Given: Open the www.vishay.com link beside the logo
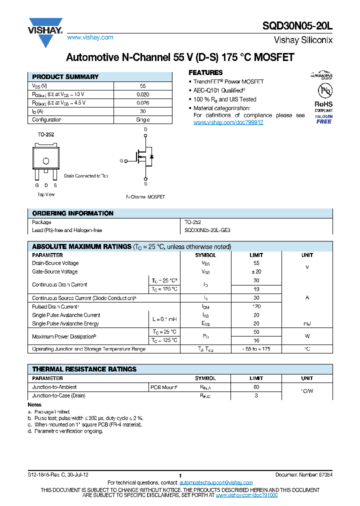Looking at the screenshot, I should (90, 37).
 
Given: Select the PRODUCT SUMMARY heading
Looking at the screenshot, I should (65, 77).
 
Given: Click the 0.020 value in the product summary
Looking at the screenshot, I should (142, 94).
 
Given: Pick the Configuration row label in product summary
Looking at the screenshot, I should (46, 120).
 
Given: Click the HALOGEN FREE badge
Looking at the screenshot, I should (323, 119).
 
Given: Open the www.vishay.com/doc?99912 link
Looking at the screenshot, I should (228, 122).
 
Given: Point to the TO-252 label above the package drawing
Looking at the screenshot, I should (45, 135).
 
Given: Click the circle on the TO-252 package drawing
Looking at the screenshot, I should (45, 161).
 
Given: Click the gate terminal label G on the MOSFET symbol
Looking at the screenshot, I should (121, 161).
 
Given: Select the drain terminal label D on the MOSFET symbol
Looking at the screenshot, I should (145, 129).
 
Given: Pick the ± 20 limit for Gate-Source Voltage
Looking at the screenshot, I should (256, 272).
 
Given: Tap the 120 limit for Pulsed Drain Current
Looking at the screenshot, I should (256, 306).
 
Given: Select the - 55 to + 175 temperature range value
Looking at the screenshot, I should (256, 349).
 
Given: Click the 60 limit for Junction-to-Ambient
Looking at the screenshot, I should (256, 387).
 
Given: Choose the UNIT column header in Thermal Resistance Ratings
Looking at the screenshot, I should (307, 378).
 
